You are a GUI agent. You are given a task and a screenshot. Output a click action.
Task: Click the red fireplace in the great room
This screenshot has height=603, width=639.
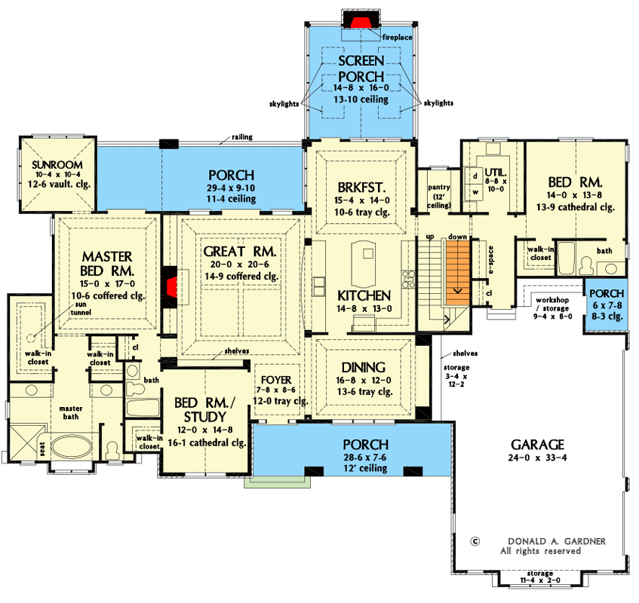[x=171, y=287]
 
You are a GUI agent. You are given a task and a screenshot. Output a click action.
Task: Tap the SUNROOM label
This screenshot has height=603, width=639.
[x=57, y=165]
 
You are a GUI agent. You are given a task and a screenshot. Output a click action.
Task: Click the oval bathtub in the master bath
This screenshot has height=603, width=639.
[x=72, y=447]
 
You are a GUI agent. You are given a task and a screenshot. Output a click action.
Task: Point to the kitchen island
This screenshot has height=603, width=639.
[x=364, y=264]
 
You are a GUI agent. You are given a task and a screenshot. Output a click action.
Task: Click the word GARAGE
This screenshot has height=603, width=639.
[x=537, y=444]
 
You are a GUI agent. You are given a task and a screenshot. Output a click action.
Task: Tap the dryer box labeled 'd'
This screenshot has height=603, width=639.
[x=475, y=176]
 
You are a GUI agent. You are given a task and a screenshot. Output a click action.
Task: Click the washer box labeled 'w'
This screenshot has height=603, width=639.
[x=475, y=191]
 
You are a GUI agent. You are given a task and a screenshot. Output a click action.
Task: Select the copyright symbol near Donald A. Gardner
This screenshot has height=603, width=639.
[x=475, y=541]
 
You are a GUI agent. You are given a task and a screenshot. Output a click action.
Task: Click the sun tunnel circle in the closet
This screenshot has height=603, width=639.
[x=31, y=338]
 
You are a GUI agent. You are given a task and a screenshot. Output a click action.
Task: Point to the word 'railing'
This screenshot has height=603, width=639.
[x=242, y=137]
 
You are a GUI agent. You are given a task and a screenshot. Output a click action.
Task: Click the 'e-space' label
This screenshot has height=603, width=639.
[x=490, y=260]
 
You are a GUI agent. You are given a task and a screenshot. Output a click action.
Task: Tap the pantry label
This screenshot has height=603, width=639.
[x=439, y=187]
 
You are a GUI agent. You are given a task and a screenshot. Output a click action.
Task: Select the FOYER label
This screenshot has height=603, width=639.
[x=276, y=380]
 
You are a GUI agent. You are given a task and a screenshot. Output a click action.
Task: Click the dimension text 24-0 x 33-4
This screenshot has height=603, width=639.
[x=537, y=458]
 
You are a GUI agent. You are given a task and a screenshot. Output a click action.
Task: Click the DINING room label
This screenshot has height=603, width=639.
[x=364, y=367]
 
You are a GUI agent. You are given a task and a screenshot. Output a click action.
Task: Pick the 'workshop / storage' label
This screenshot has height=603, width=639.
[x=552, y=305]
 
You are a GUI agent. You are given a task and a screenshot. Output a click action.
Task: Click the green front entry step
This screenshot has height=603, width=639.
[x=278, y=482]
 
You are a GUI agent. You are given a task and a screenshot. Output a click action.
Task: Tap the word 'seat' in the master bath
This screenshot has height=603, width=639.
[x=42, y=448]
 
